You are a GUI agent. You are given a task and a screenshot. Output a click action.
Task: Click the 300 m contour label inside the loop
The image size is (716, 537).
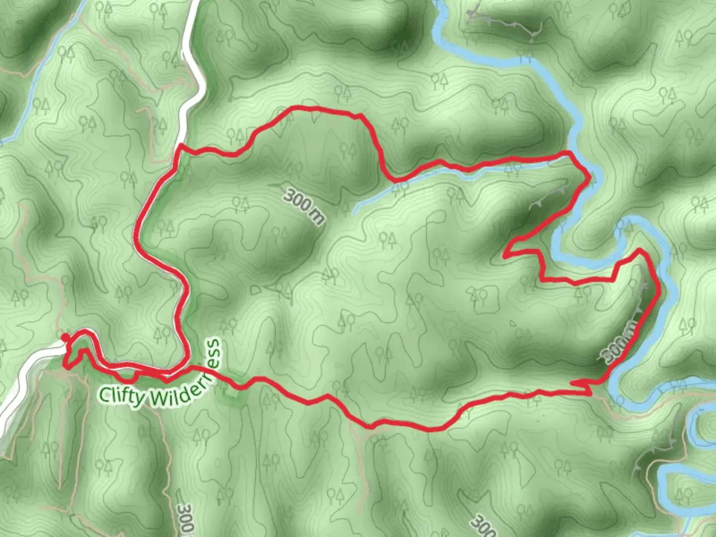pos(304,205)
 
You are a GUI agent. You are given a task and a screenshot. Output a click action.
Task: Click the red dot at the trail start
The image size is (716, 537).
pos(65,339)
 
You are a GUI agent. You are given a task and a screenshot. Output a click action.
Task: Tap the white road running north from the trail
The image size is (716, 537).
pos(191,60)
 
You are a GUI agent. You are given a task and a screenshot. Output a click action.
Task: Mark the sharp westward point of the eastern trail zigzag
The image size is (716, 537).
pos(505,256)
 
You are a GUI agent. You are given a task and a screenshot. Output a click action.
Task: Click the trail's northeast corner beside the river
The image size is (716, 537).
pos(571,153)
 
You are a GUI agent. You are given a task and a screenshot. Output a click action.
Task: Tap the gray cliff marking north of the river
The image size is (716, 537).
pos(502,22)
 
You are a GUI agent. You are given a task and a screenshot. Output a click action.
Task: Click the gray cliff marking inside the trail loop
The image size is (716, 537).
pos(549,196)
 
